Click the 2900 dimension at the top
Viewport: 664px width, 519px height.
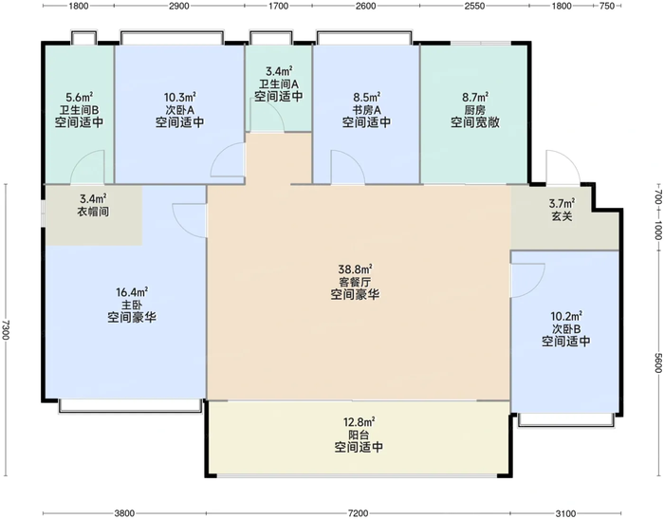pyautogui.click(x=178, y=6)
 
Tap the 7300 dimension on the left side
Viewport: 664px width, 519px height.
pyautogui.click(x=6, y=329)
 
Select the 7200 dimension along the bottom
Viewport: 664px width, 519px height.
pyautogui.click(x=358, y=513)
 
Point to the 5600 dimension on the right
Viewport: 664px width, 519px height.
pyautogui.click(x=657, y=363)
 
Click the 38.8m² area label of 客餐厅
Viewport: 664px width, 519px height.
pyautogui.click(x=355, y=269)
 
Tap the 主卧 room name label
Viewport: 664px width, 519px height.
pyautogui.click(x=132, y=305)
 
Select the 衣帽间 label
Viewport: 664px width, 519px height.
pyautogui.click(x=93, y=211)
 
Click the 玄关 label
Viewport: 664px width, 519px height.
pyautogui.click(x=562, y=216)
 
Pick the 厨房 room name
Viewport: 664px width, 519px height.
pyautogui.click(x=474, y=110)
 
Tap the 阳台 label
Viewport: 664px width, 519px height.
pyautogui.click(x=359, y=435)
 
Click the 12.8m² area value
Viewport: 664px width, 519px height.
pyautogui.click(x=359, y=422)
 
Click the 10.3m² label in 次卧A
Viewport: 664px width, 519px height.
pyautogui.click(x=179, y=97)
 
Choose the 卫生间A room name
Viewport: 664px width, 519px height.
pyautogui.click(x=279, y=83)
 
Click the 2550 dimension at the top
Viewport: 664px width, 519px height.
pyautogui.click(x=474, y=6)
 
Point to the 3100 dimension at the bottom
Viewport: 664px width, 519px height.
pyautogui.click(x=565, y=513)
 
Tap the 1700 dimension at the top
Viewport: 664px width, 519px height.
pyautogui.click(x=278, y=6)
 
